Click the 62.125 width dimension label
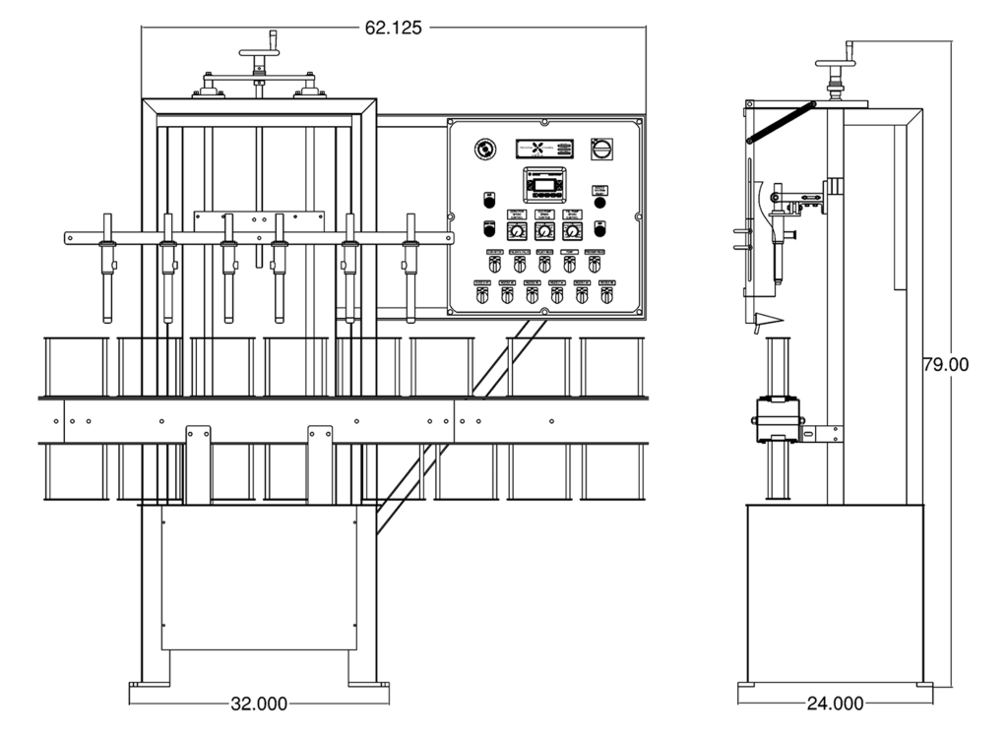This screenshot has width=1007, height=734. click(x=394, y=28)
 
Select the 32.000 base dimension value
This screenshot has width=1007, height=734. click(x=259, y=703)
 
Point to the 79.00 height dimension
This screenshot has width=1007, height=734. click(x=945, y=364)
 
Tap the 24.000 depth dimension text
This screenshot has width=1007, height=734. click(x=834, y=703)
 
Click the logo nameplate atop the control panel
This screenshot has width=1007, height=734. click(x=544, y=148)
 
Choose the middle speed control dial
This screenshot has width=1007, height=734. click(x=543, y=231)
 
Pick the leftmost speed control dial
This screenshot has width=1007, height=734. click(x=516, y=231)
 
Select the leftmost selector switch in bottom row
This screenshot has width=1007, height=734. click(x=481, y=295)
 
